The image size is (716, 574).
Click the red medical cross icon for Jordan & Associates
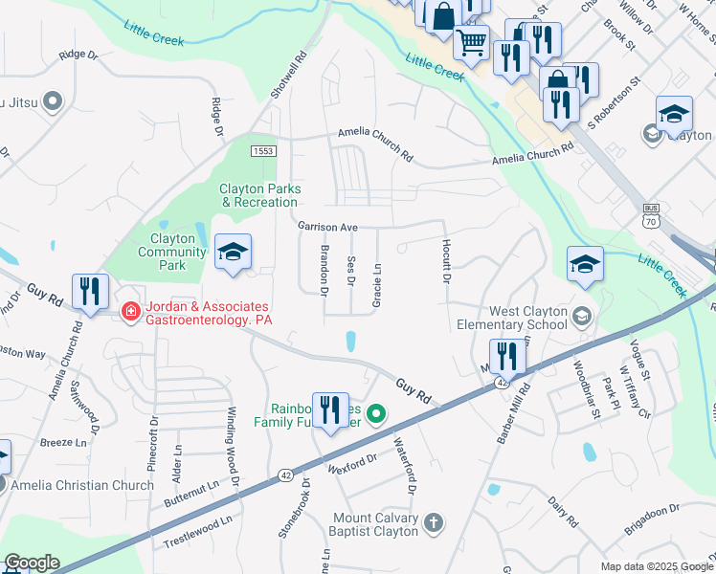tap(129, 311)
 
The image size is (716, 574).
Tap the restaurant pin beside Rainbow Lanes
tap(330, 410)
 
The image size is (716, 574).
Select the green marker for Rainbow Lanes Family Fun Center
tap(377, 413)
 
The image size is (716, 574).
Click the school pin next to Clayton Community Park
tap(233, 253)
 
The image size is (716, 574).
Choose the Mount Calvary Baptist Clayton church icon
tap(434, 522)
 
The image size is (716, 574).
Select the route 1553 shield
tap(264, 152)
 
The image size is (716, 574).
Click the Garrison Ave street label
tap(327, 228)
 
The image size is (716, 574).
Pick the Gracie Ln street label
tap(377, 285)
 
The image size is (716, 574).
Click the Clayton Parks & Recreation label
tap(259, 195)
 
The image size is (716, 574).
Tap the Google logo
tap(32, 563)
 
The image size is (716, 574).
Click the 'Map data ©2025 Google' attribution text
tap(655, 566)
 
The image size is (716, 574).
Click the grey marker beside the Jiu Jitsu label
tap(53, 100)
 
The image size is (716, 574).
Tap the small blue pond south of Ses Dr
tap(351, 340)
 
